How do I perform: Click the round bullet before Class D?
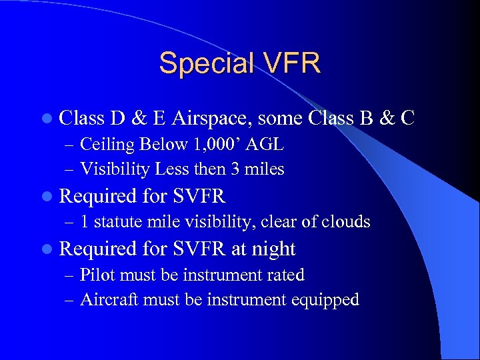coord(51,119)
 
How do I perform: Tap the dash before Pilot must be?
coord(71,275)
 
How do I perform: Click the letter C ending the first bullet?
coord(408,118)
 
